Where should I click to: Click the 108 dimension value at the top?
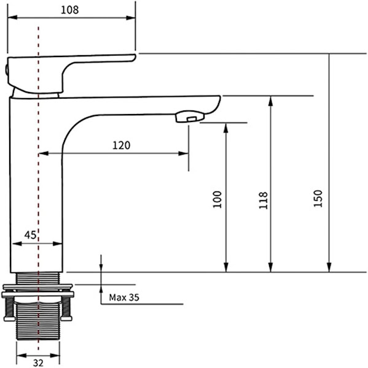tap(69, 10)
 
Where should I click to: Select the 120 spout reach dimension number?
tap(121, 145)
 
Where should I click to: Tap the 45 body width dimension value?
tap(30, 235)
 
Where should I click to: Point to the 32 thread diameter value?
tap(38, 363)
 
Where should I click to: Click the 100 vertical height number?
tap(217, 199)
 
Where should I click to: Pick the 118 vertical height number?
tap(263, 200)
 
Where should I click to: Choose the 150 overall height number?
tap(318, 198)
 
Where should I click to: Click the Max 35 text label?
tap(124, 297)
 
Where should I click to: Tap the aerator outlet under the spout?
tap(190, 117)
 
